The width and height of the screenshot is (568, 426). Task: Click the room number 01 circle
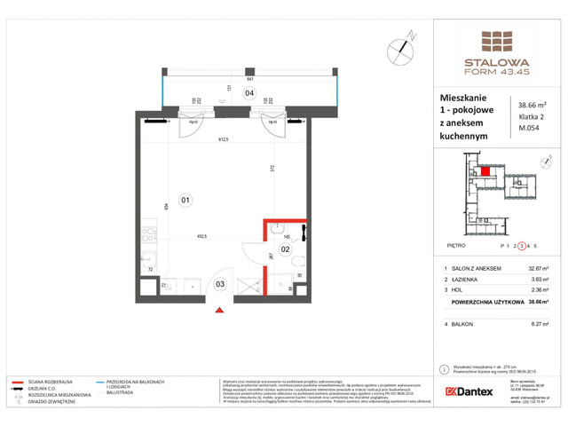185,200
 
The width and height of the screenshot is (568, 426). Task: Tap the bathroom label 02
286,250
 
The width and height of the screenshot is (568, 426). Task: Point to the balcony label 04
249,92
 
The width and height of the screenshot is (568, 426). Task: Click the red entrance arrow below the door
219,310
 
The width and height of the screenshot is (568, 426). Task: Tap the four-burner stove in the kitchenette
148,239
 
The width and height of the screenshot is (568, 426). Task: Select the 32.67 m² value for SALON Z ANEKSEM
532,267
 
